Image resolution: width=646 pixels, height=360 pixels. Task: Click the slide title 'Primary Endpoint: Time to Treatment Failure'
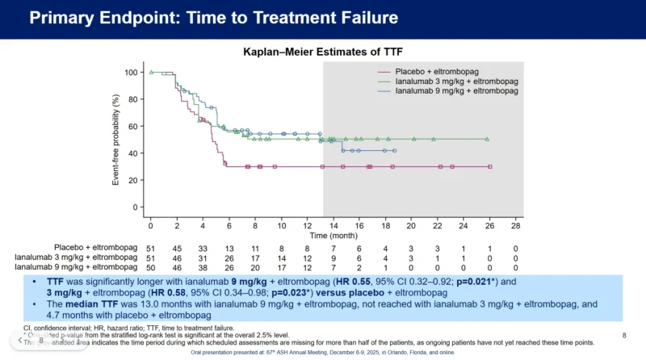tap(214, 18)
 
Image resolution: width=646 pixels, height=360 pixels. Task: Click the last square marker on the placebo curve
tap(489, 167)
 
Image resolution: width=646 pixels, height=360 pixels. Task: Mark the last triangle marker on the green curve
tap(487, 139)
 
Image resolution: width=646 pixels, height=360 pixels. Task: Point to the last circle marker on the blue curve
tap(394, 151)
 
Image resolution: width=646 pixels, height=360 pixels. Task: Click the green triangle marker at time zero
tap(151, 73)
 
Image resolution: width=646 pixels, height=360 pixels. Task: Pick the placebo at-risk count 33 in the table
tap(203, 248)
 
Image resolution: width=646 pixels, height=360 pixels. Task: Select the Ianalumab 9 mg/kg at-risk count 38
tap(203, 266)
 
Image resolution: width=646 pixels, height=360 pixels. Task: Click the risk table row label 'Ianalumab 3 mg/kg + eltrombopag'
tap(73, 257)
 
